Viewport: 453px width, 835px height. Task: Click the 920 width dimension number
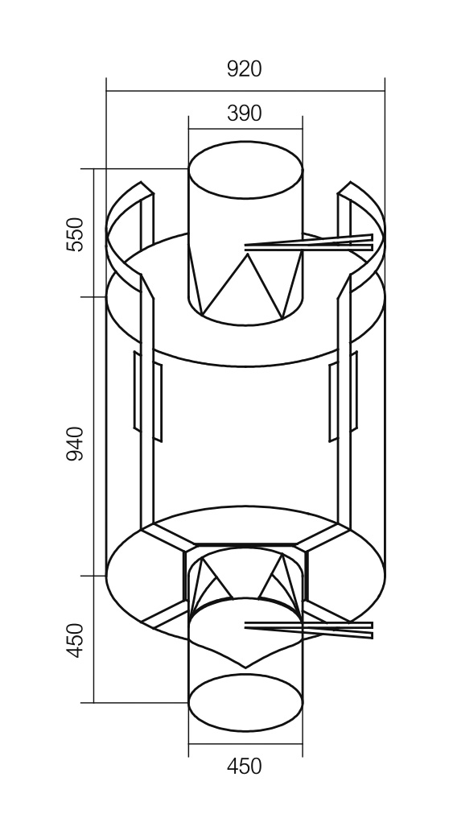click(245, 68)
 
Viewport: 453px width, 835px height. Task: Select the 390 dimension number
click(245, 113)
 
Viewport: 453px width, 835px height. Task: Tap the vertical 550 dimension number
click(75, 234)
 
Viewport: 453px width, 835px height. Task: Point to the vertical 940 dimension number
click(75, 444)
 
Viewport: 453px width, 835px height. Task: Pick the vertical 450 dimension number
click(75, 640)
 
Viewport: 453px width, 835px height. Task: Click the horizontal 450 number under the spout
click(245, 767)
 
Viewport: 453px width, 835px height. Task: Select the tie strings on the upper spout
click(309, 244)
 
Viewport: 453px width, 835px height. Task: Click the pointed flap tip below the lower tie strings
click(245, 668)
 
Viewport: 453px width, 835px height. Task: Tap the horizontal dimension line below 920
click(245, 91)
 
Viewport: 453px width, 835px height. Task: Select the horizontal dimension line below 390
click(245, 129)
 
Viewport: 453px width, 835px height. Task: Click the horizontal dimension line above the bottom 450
click(245, 744)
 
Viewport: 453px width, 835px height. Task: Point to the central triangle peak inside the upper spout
click(248, 254)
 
